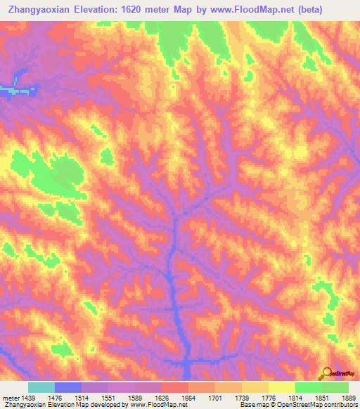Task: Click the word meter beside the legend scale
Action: point(11,398)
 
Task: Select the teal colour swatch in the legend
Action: point(41,387)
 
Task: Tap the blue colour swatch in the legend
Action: point(67,387)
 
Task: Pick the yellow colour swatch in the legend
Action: point(281,387)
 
